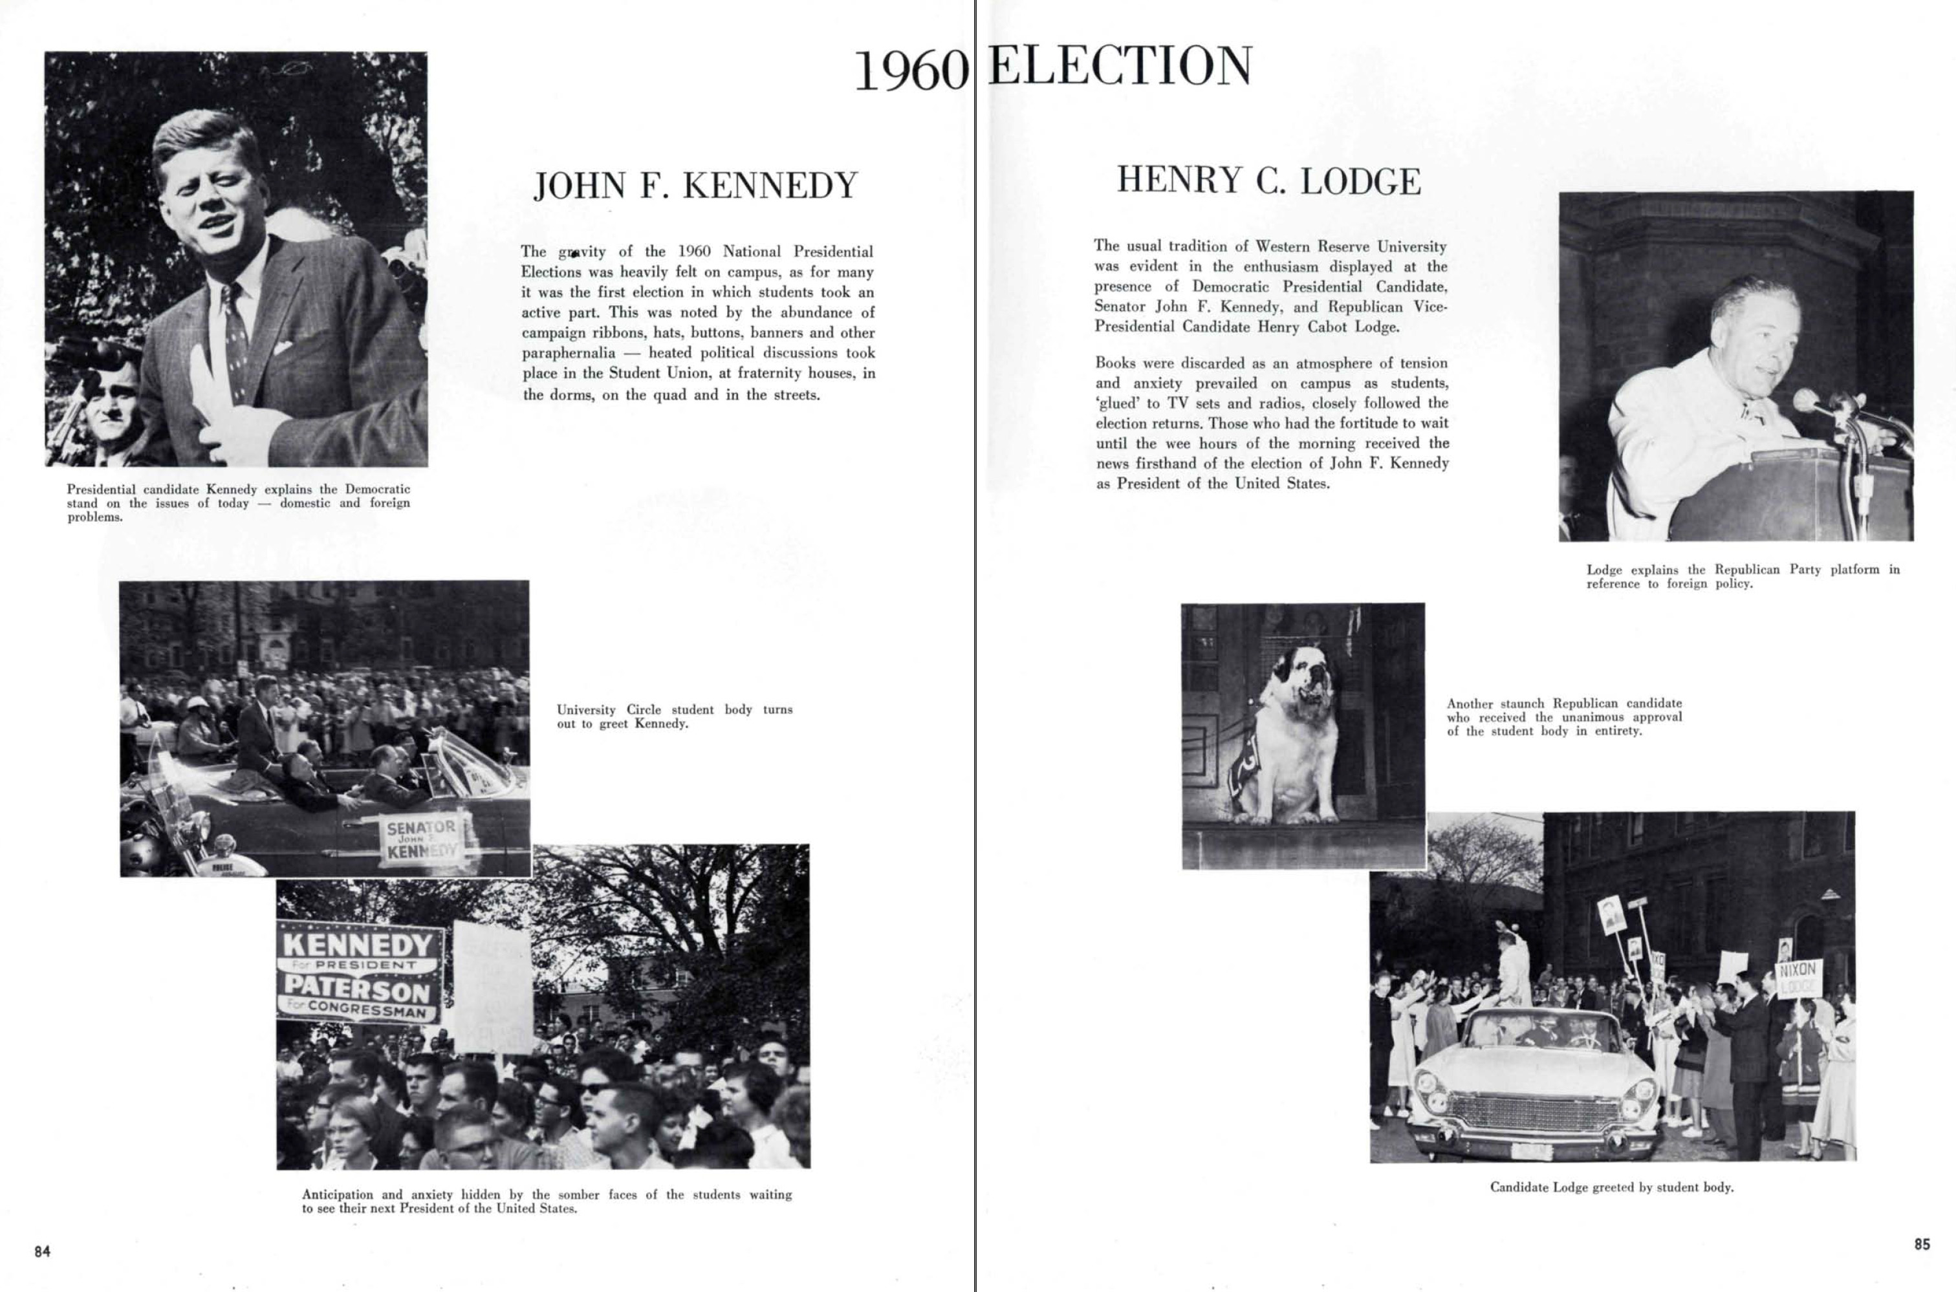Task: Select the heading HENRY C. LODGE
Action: pyautogui.click(x=1268, y=180)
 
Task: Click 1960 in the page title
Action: pyautogui.click(x=911, y=71)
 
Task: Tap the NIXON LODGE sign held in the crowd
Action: pyautogui.click(x=1798, y=978)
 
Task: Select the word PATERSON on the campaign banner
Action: pyautogui.click(x=357, y=987)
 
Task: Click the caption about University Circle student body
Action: pyautogui.click(x=674, y=716)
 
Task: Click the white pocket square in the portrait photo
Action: pyautogui.click(x=285, y=343)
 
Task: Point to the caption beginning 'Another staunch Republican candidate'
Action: pyautogui.click(x=1563, y=717)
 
